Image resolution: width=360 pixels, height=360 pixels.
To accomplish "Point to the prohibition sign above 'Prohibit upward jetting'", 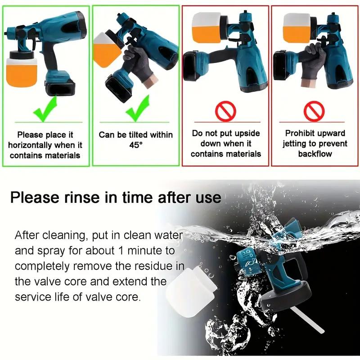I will [x=315, y=111].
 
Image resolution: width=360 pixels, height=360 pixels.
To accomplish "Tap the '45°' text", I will [x=135, y=145].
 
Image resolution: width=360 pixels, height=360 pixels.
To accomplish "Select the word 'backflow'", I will [x=315, y=154].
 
